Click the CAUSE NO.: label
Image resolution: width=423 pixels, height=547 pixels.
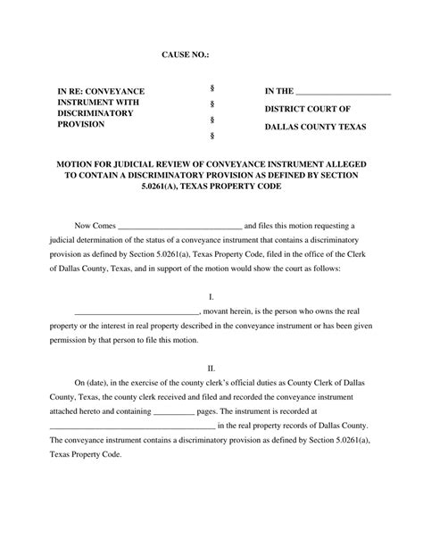(186, 56)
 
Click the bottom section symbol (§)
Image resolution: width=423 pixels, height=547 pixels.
(211, 137)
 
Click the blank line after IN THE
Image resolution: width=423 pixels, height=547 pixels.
(344, 93)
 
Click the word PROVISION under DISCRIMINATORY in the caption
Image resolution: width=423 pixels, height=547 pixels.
(81, 126)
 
